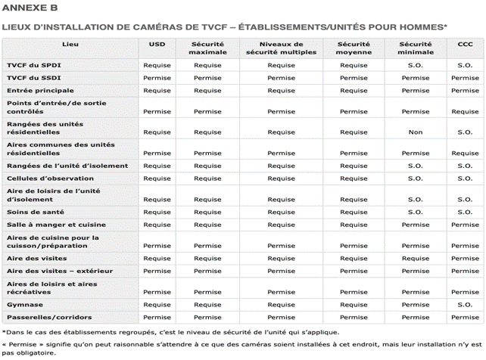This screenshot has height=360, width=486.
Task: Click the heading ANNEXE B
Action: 30,8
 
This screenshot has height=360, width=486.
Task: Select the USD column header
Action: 157,45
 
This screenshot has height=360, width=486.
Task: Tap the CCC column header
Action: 465,45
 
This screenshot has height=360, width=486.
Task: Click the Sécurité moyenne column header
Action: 353,48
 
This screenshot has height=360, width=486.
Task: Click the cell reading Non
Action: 414,131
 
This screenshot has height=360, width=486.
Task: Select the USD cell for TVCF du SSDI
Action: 157,78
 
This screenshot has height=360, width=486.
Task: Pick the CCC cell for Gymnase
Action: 465,304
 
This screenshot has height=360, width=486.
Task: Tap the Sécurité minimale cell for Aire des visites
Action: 414,258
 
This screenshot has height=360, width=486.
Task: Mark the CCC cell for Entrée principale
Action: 465,91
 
